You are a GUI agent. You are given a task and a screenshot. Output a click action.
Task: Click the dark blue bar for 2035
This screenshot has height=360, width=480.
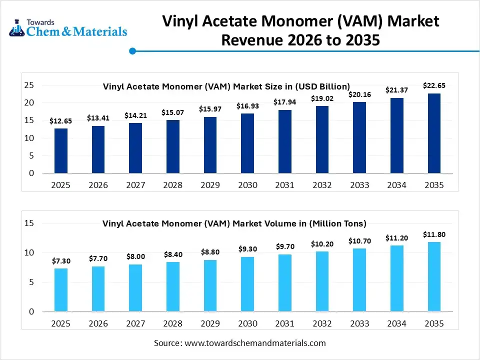click(434, 133)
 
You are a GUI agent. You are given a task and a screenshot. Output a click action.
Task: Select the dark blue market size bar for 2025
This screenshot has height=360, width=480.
click(61, 151)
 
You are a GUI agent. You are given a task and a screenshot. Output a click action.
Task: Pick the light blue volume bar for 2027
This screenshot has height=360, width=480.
click(135, 288)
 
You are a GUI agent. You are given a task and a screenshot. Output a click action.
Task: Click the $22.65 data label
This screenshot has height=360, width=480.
click(434, 85)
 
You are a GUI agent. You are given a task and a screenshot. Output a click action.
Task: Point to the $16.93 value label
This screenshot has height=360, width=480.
click(247, 106)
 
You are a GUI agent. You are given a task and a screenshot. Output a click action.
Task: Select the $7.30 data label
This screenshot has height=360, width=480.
click(61, 261)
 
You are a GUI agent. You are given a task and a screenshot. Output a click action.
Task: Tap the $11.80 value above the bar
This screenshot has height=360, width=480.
click(434, 234)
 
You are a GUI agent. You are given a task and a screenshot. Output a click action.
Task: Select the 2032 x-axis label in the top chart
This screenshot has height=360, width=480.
click(322, 185)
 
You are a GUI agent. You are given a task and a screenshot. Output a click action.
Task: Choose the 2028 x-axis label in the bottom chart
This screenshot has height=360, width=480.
click(173, 323)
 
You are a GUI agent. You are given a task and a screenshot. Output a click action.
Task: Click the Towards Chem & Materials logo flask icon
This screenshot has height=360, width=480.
click(16, 28)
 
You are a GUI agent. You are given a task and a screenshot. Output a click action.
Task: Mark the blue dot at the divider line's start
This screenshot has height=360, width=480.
click(132, 51)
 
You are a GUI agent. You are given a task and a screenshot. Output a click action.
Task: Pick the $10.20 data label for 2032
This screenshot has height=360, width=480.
click(322, 244)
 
